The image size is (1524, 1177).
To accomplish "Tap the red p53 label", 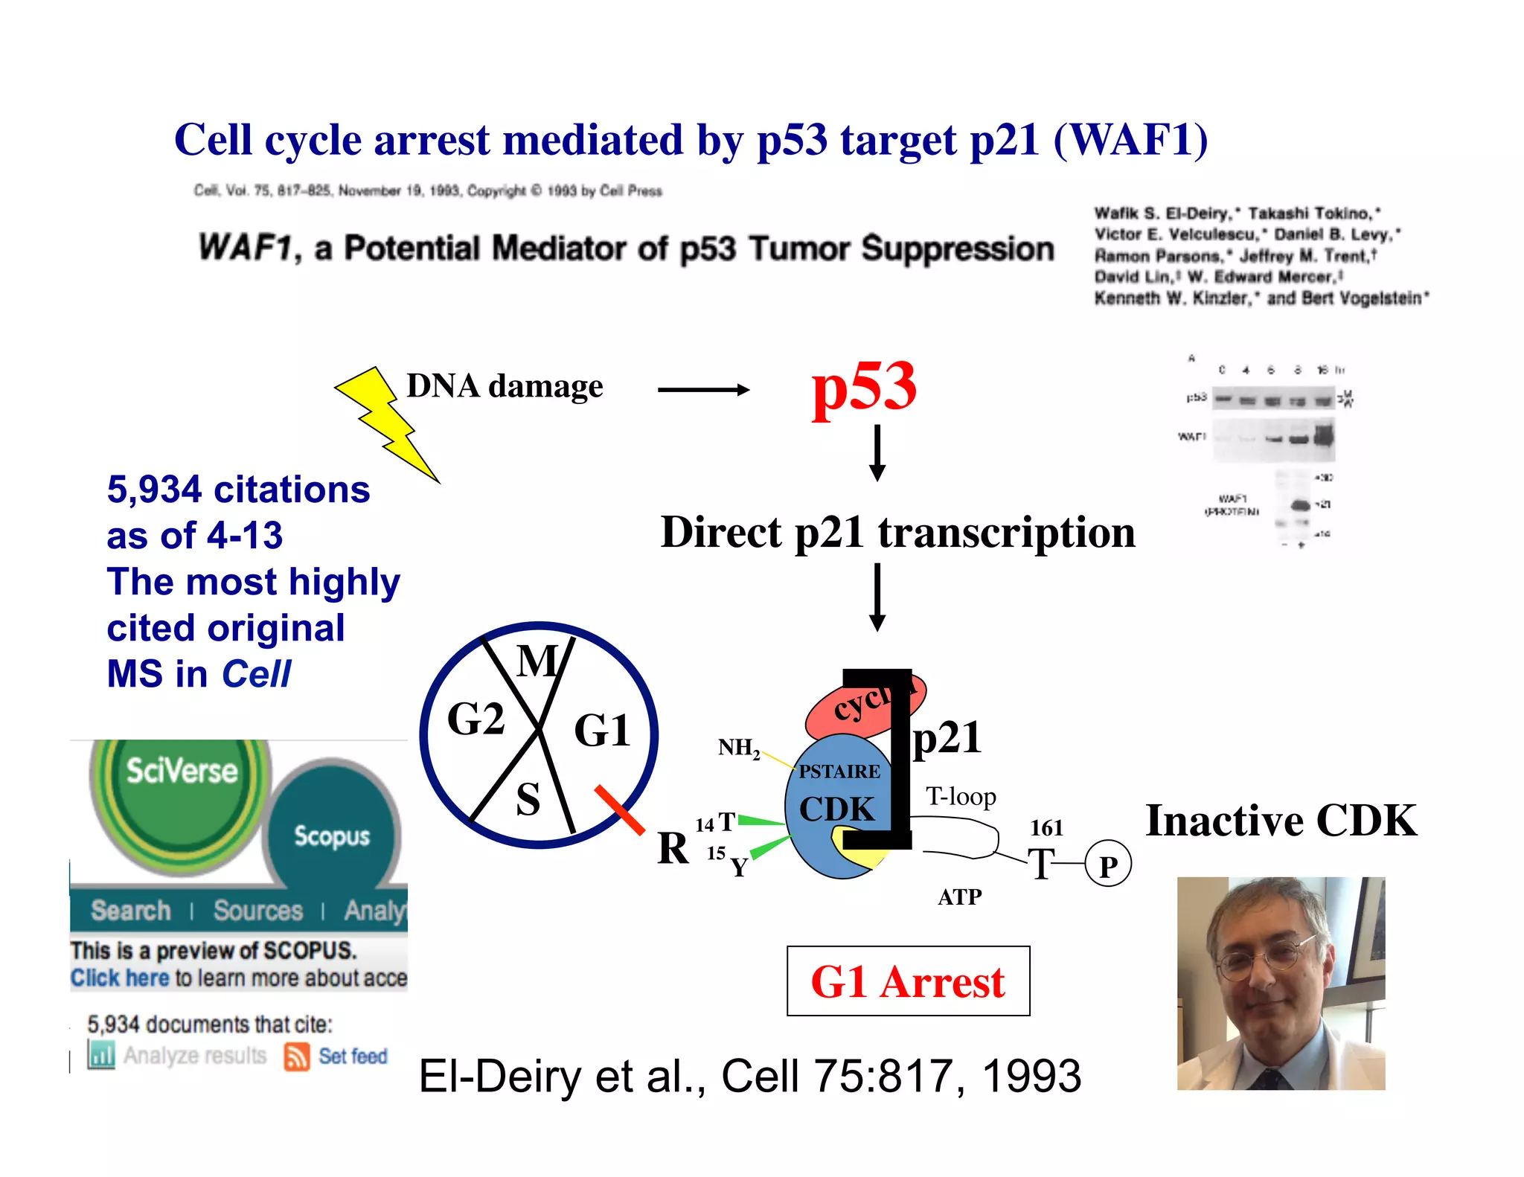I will click(864, 387).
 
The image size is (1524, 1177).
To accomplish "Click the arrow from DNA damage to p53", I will click(703, 389).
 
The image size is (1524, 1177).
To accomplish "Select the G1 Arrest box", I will click(908, 981).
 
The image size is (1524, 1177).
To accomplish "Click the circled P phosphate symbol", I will click(1108, 865).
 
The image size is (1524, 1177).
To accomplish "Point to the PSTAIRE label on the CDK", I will click(839, 772).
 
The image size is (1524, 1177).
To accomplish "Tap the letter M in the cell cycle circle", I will click(537, 661).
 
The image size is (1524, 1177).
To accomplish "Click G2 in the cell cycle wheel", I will click(476, 719).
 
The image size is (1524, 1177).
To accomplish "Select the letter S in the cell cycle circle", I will click(528, 800).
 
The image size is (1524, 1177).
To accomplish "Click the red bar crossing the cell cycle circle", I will click(620, 809).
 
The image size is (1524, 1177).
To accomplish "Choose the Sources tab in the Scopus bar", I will click(258, 911).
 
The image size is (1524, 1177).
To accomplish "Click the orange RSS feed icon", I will click(296, 1056).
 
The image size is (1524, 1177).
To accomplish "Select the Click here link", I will click(120, 978).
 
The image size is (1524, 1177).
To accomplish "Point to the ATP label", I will click(960, 897).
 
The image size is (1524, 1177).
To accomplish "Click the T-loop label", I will click(961, 797).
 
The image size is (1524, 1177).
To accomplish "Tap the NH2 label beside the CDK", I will click(738, 748).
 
